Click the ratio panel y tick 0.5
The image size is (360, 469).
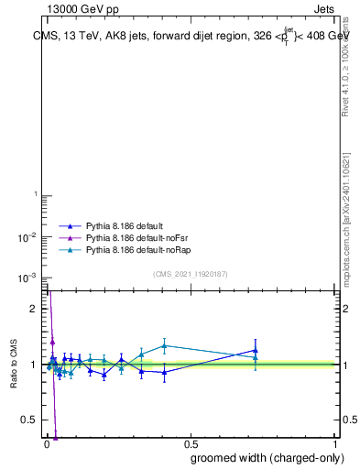click(x=30, y=420)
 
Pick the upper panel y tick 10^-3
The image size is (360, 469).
click(x=29, y=278)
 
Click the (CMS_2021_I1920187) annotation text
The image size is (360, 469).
click(x=190, y=274)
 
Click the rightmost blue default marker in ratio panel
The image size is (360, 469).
click(x=256, y=350)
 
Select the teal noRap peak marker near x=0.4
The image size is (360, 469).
click(x=164, y=345)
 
